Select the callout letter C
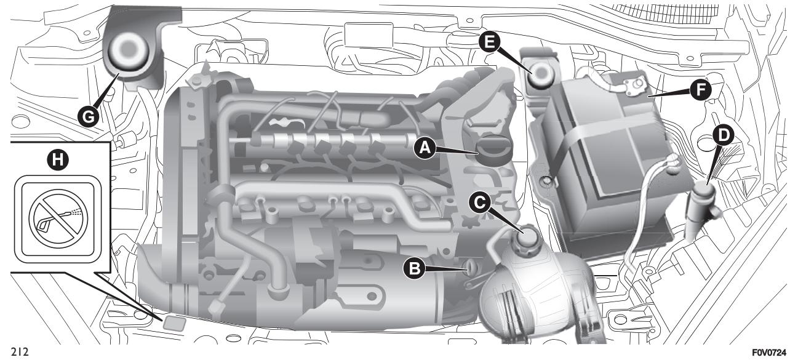[x=478, y=200]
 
